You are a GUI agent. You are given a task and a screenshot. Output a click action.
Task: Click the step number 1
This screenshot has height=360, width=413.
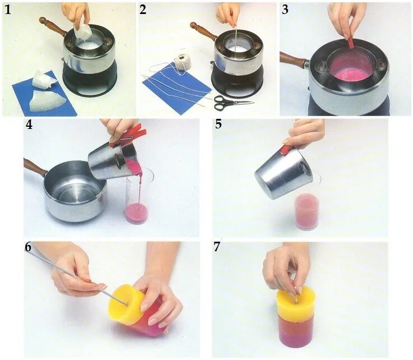(x=8, y=10)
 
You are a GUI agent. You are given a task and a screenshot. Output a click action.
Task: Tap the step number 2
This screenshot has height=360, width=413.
(x=143, y=10)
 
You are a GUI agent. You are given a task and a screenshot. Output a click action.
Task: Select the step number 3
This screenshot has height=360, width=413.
(x=285, y=10)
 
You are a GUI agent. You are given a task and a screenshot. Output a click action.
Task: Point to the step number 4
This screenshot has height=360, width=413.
(x=29, y=124)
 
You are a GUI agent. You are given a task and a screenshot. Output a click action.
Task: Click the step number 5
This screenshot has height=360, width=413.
(x=219, y=124)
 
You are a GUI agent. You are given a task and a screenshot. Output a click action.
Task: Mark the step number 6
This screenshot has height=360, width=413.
(x=28, y=247)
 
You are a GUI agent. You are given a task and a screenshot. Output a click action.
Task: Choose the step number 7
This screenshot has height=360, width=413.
(x=217, y=247)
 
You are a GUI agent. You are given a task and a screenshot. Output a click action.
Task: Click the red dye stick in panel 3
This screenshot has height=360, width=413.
(x=351, y=43)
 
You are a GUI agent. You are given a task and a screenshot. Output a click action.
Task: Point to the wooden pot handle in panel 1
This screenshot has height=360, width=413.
(x=53, y=26)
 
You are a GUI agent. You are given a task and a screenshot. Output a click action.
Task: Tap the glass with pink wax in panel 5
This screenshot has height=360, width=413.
(x=307, y=211)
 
